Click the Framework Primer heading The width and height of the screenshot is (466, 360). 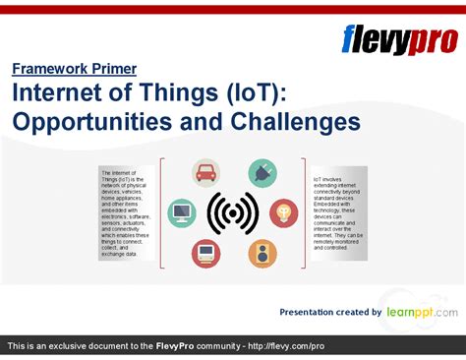coord(74,69)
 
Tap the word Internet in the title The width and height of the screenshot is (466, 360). coord(56,94)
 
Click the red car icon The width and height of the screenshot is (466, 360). coord(206,173)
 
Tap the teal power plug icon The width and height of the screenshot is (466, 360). coord(262,173)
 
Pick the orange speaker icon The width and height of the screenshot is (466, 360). coord(262,254)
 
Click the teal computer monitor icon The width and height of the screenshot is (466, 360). coord(183,211)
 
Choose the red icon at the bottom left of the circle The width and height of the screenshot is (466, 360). coord(206,254)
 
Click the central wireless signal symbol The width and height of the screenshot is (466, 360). coord(233,212)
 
